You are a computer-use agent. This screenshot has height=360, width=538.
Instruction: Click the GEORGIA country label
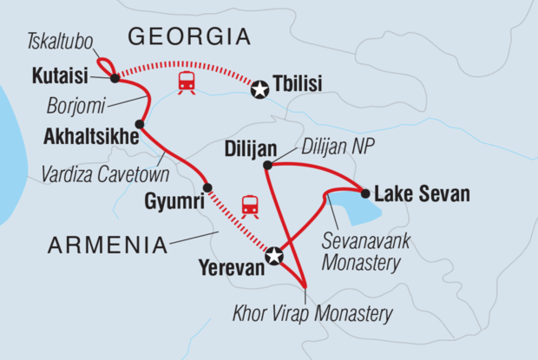pos(189,36)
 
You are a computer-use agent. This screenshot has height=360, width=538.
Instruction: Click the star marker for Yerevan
pos(274,255)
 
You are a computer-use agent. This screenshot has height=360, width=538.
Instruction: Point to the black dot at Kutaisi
pos(115,78)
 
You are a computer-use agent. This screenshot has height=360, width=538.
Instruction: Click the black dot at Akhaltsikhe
pos(140,124)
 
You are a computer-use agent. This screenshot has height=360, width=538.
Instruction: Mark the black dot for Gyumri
pos(207,187)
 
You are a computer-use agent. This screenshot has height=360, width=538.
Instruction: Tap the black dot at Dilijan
pos(267,164)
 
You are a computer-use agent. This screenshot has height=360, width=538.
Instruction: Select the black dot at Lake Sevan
pos(365,193)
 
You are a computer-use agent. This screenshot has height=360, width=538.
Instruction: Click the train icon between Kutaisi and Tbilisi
pos(185,83)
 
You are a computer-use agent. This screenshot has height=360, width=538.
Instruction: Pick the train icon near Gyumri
pos(250,206)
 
